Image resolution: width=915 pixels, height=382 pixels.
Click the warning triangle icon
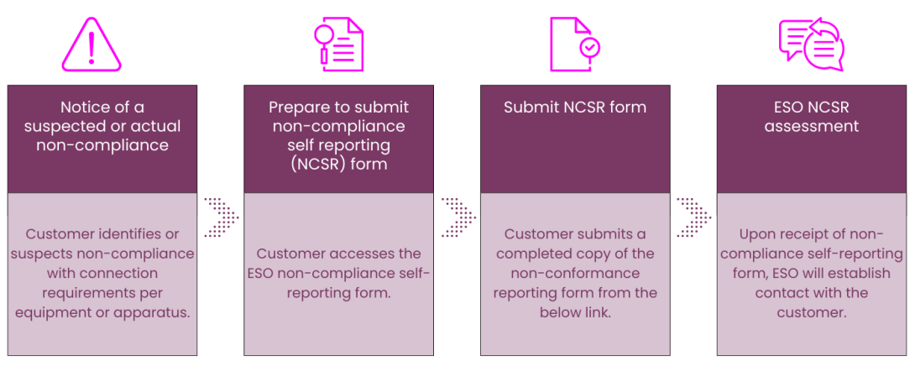click(91, 44)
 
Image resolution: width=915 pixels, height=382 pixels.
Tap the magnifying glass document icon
click(338, 44)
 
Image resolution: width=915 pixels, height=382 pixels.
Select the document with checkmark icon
click(575, 44)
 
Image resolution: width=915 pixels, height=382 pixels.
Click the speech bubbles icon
click(811, 44)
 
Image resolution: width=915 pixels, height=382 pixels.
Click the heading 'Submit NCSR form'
click(575, 107)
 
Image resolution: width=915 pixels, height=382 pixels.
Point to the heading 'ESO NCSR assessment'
click(811, 117)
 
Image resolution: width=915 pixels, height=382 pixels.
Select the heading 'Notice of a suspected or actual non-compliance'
click(102, 126)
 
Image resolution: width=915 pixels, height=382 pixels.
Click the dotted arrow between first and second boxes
click(221, 217)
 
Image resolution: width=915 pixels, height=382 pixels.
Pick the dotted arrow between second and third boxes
click(457, 217)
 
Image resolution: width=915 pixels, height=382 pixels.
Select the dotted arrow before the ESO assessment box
click(693, 217)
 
